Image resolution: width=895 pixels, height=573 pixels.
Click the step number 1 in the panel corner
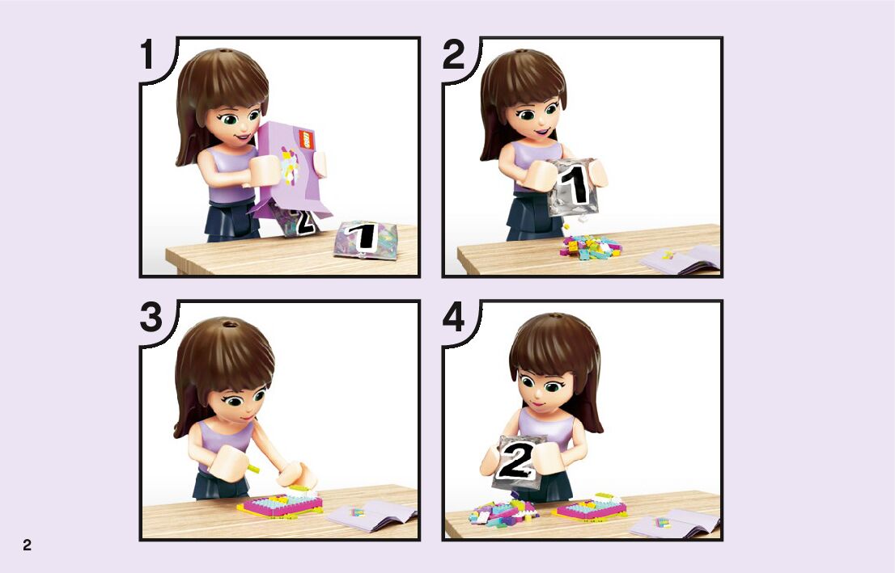(x=147, y=54)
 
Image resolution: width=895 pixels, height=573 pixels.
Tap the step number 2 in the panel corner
(x=454, y=54)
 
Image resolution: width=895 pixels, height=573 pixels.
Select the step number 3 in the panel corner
(x=151, y=318)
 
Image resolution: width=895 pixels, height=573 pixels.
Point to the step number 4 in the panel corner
(x=454, y=318)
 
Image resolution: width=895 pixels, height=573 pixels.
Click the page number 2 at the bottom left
(x=27, y=545)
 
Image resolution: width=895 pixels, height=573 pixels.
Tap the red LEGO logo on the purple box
(x=307, y=138)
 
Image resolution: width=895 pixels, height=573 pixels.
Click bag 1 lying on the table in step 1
(x=365, y=239)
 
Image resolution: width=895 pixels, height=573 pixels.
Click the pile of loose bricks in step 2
(x=590, y=246)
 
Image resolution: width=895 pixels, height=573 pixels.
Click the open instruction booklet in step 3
(x=371, y=515)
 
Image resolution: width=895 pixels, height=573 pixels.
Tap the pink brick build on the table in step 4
(x=589, y=507)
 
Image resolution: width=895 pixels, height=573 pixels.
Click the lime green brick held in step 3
(x=252, y=469)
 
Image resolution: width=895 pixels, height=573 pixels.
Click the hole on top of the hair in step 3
(x=230, y=325)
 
